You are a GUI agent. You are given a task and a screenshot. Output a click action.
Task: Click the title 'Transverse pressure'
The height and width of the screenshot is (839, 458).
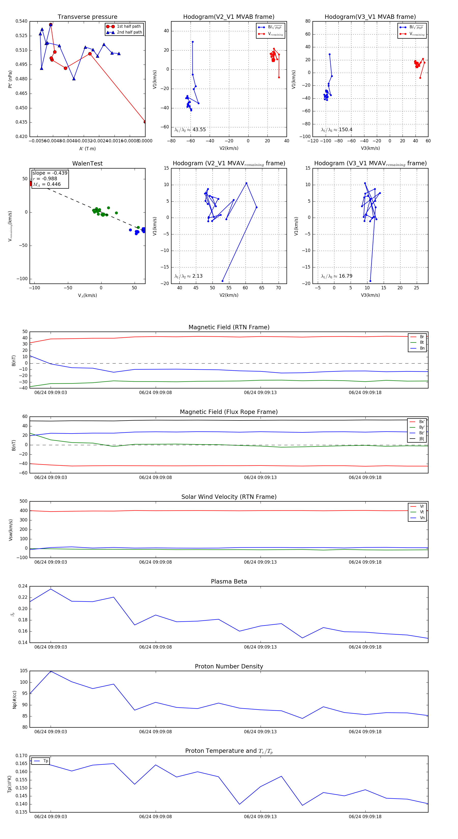click(87, 17)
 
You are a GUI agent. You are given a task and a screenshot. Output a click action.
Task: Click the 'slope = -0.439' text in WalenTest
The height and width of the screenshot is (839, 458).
click(50, 173)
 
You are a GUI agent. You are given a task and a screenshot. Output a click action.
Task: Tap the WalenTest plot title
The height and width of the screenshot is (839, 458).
click(87, 163)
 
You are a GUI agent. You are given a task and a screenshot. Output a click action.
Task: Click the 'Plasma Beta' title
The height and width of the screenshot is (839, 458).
click(229, 581)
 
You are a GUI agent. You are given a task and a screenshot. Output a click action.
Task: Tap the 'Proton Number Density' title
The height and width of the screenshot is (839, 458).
click(229, 666)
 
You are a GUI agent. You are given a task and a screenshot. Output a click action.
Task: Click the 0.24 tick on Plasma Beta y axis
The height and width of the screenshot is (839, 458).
click(23, 586)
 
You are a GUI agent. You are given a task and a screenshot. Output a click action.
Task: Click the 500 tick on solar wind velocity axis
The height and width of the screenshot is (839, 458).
click(23, 501)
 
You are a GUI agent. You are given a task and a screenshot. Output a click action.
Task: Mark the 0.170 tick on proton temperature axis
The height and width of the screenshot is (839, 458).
click(22, 756)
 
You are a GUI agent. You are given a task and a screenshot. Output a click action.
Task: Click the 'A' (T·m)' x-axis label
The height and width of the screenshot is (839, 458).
click(87, 148)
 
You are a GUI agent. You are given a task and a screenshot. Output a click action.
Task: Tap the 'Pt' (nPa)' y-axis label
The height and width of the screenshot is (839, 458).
click(10, 79)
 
